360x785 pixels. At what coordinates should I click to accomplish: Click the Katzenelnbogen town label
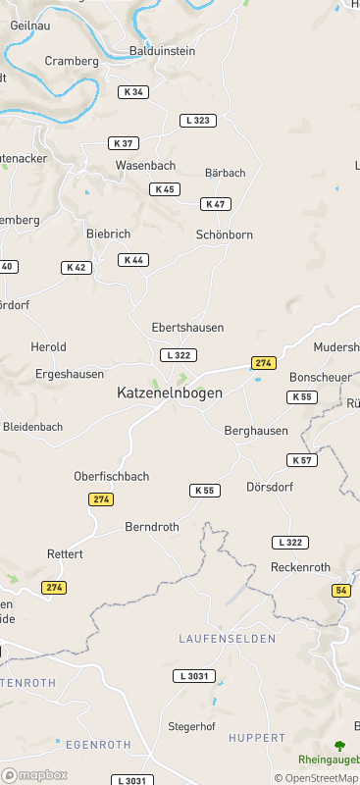(170, 392)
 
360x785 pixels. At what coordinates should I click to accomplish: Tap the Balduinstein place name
(163, 50)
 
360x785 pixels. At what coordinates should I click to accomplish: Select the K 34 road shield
(133, 92)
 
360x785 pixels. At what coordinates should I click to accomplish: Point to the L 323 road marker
(197, 120)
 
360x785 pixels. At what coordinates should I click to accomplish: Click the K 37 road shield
(123, 143)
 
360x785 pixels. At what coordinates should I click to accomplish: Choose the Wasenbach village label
(146, 166)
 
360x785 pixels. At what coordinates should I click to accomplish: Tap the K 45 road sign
(165, 189)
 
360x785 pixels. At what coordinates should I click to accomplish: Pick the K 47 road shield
(215, 204)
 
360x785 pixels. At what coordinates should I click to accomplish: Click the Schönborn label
(225, 235)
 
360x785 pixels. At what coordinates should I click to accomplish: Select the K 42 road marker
(77, 267)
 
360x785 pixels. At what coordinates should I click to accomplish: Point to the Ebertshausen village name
(187, 328)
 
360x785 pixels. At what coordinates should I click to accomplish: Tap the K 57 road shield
(302, 460)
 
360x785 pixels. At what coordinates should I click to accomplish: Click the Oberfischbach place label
(112, 477)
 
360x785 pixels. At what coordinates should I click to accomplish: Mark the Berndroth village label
(152, 527)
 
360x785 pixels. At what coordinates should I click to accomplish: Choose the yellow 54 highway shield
(341, 590)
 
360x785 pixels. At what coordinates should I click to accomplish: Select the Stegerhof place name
(191, 727)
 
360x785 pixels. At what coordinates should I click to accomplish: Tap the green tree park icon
(339, 746)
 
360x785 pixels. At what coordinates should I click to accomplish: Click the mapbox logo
(35, 774)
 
